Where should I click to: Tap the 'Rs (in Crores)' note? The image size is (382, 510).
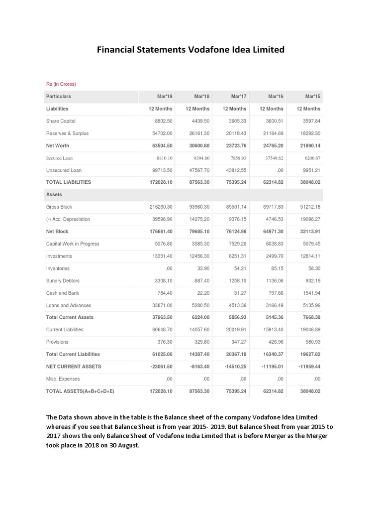click(x=61, y=84)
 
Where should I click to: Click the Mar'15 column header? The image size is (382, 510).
click(x=311, y=96)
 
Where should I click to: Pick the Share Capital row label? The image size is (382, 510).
click(x=61, y=121)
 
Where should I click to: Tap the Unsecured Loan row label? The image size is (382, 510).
click(x=64, y=170)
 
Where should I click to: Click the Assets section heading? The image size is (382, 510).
click(x=54, y=195)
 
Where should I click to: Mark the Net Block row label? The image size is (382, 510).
click(x=57, y=232)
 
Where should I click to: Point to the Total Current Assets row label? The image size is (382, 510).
click(x=70, y=317)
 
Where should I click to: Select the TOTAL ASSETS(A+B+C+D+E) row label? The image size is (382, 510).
click(x=80, y=391)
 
